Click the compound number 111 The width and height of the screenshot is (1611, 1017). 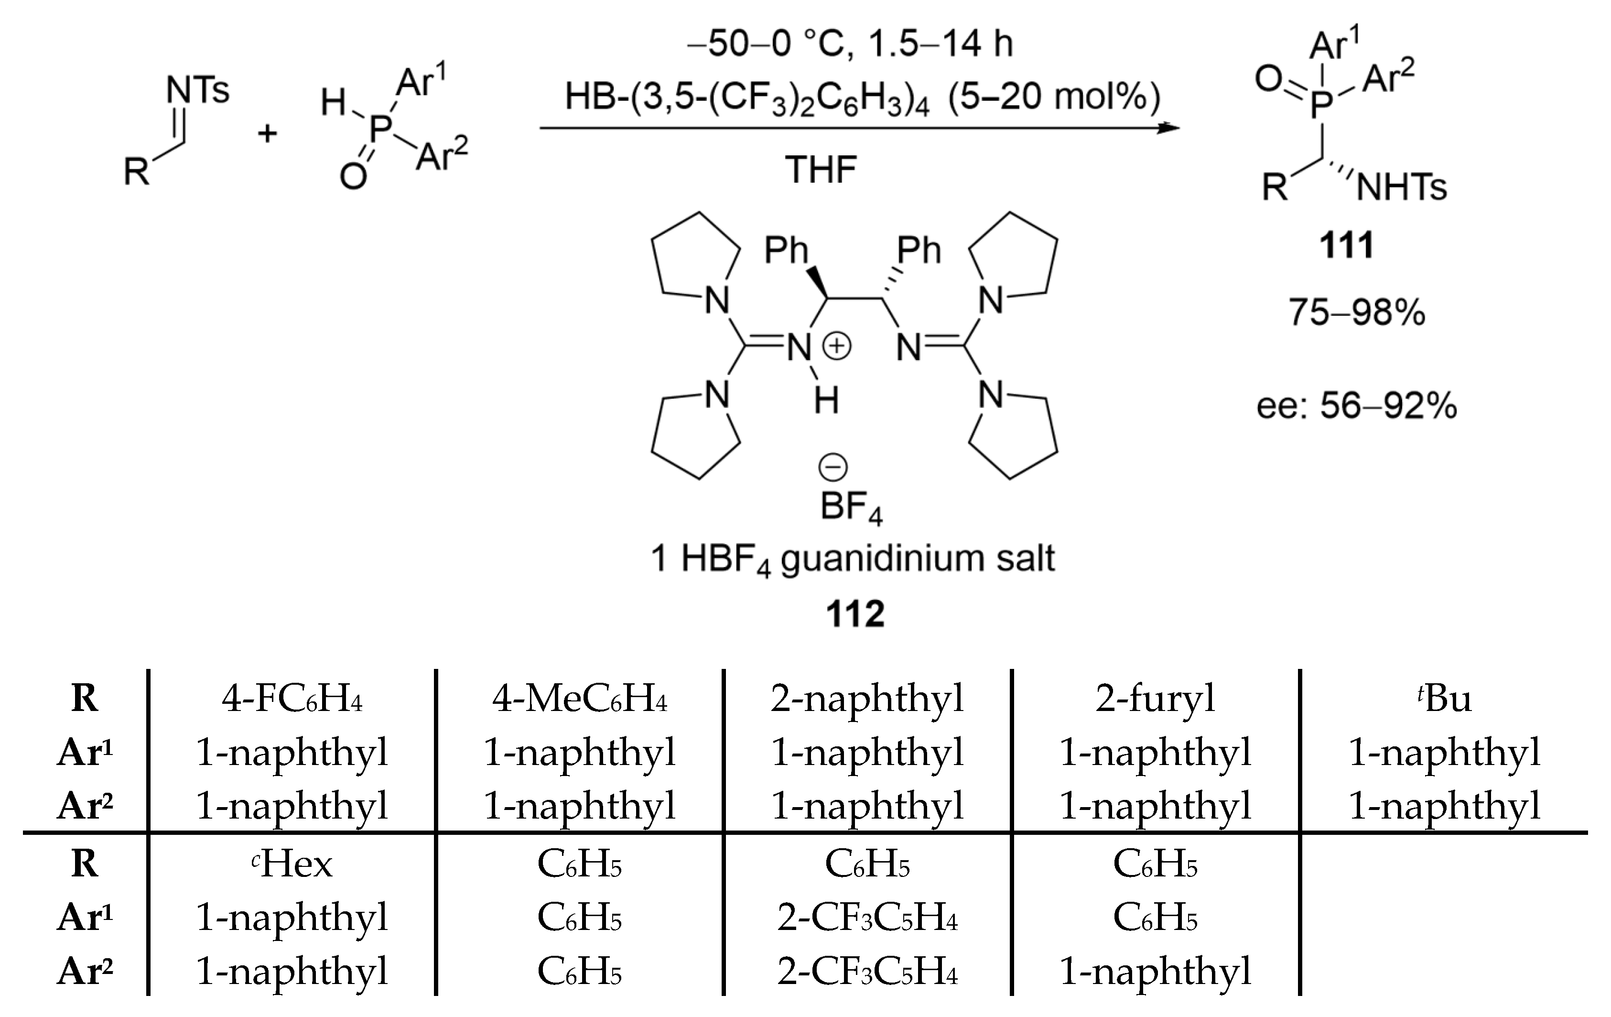[x=1346, y=246]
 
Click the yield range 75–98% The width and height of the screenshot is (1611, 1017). [x=1357, y=313]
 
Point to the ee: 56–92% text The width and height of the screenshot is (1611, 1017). [x=1356, y=406]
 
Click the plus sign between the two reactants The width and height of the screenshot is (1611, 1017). [x=267, y=134]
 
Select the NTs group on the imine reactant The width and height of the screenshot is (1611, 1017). [x=197, y=90]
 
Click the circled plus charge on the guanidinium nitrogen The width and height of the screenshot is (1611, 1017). [x=837, y=347]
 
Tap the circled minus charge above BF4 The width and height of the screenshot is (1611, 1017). [x=833, y=467]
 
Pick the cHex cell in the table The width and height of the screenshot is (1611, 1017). [x=292, y=864]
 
